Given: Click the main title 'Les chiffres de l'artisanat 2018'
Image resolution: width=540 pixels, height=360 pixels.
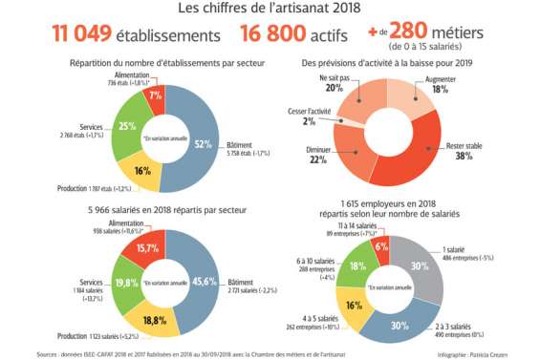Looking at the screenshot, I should point(270,9).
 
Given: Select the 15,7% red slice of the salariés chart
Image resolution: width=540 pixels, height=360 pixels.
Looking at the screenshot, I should point(149,247).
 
